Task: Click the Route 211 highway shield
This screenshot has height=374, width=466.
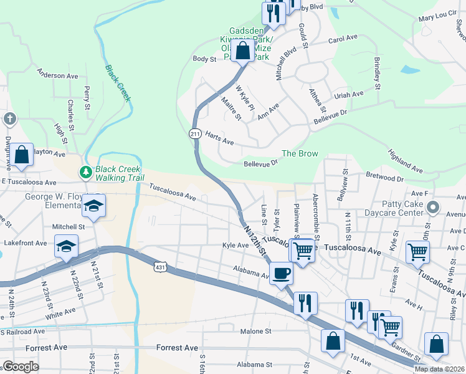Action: tap(195, 133)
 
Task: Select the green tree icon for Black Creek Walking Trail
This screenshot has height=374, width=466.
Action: tap(85, 171)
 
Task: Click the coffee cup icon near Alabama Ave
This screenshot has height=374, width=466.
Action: tap(281, 273)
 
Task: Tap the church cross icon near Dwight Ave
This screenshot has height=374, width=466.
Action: tap(10, 118)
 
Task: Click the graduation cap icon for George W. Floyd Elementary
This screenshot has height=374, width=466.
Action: tap(93, 205)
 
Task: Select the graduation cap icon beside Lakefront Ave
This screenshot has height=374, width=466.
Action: tap(67, 246)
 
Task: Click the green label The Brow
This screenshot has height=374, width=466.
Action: tap(300, 153)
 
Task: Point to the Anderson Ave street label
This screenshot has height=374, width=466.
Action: tap(58, 76)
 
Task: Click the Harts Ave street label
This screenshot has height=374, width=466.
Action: tap(219, 143)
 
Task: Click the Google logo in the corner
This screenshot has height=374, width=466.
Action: tap(21, 367)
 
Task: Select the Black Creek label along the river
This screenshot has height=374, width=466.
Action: tap(117, 83)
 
